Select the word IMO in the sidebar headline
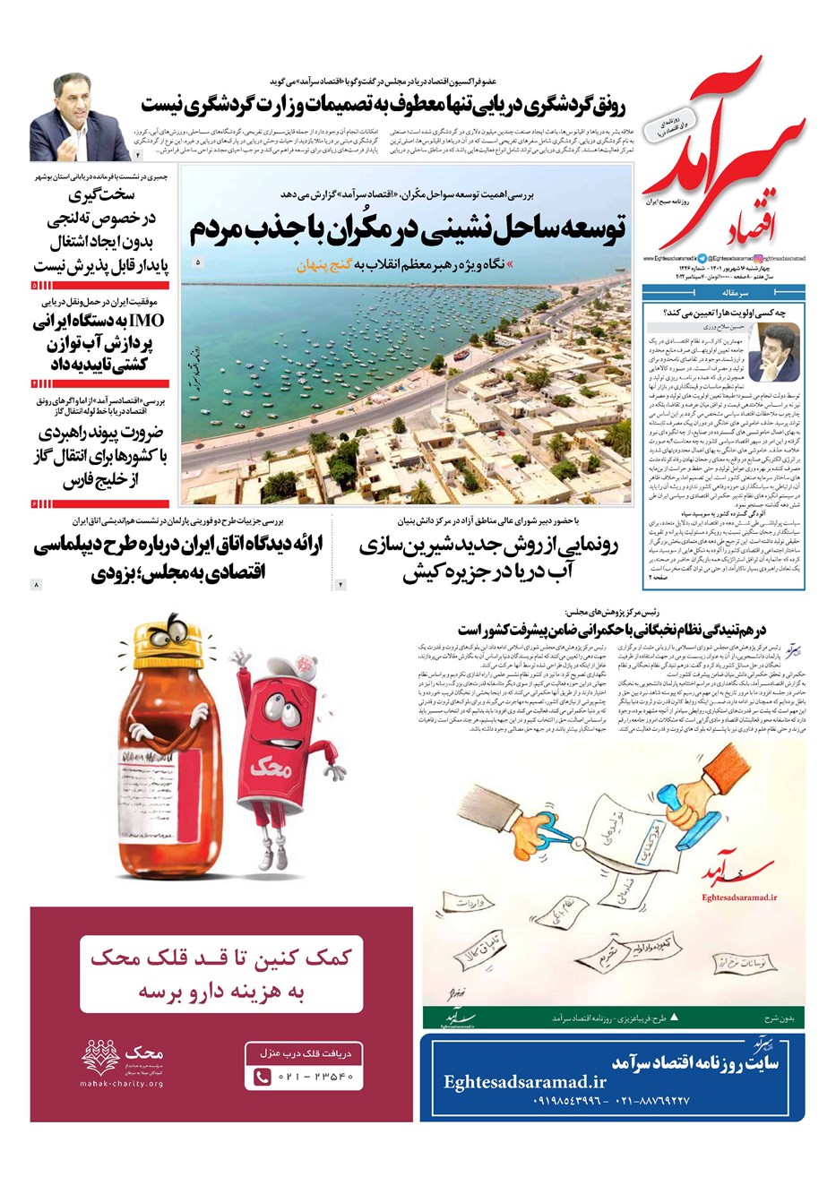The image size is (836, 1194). coord(148,321)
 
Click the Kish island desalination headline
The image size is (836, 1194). coord(488,559)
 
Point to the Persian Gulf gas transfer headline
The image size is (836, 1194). coord(100,457)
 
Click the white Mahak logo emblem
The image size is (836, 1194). coord(100,1056)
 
